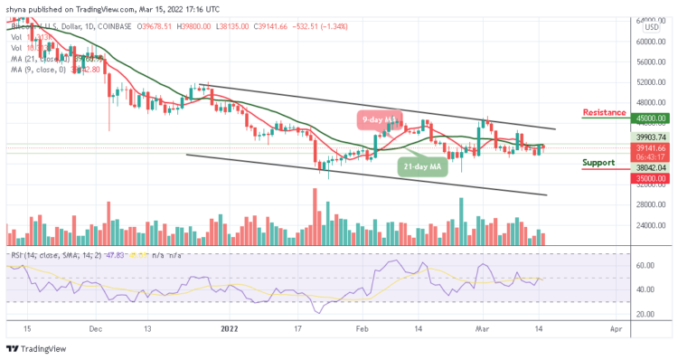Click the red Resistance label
[x=605, y=113]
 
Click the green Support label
[x=599, y=163]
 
